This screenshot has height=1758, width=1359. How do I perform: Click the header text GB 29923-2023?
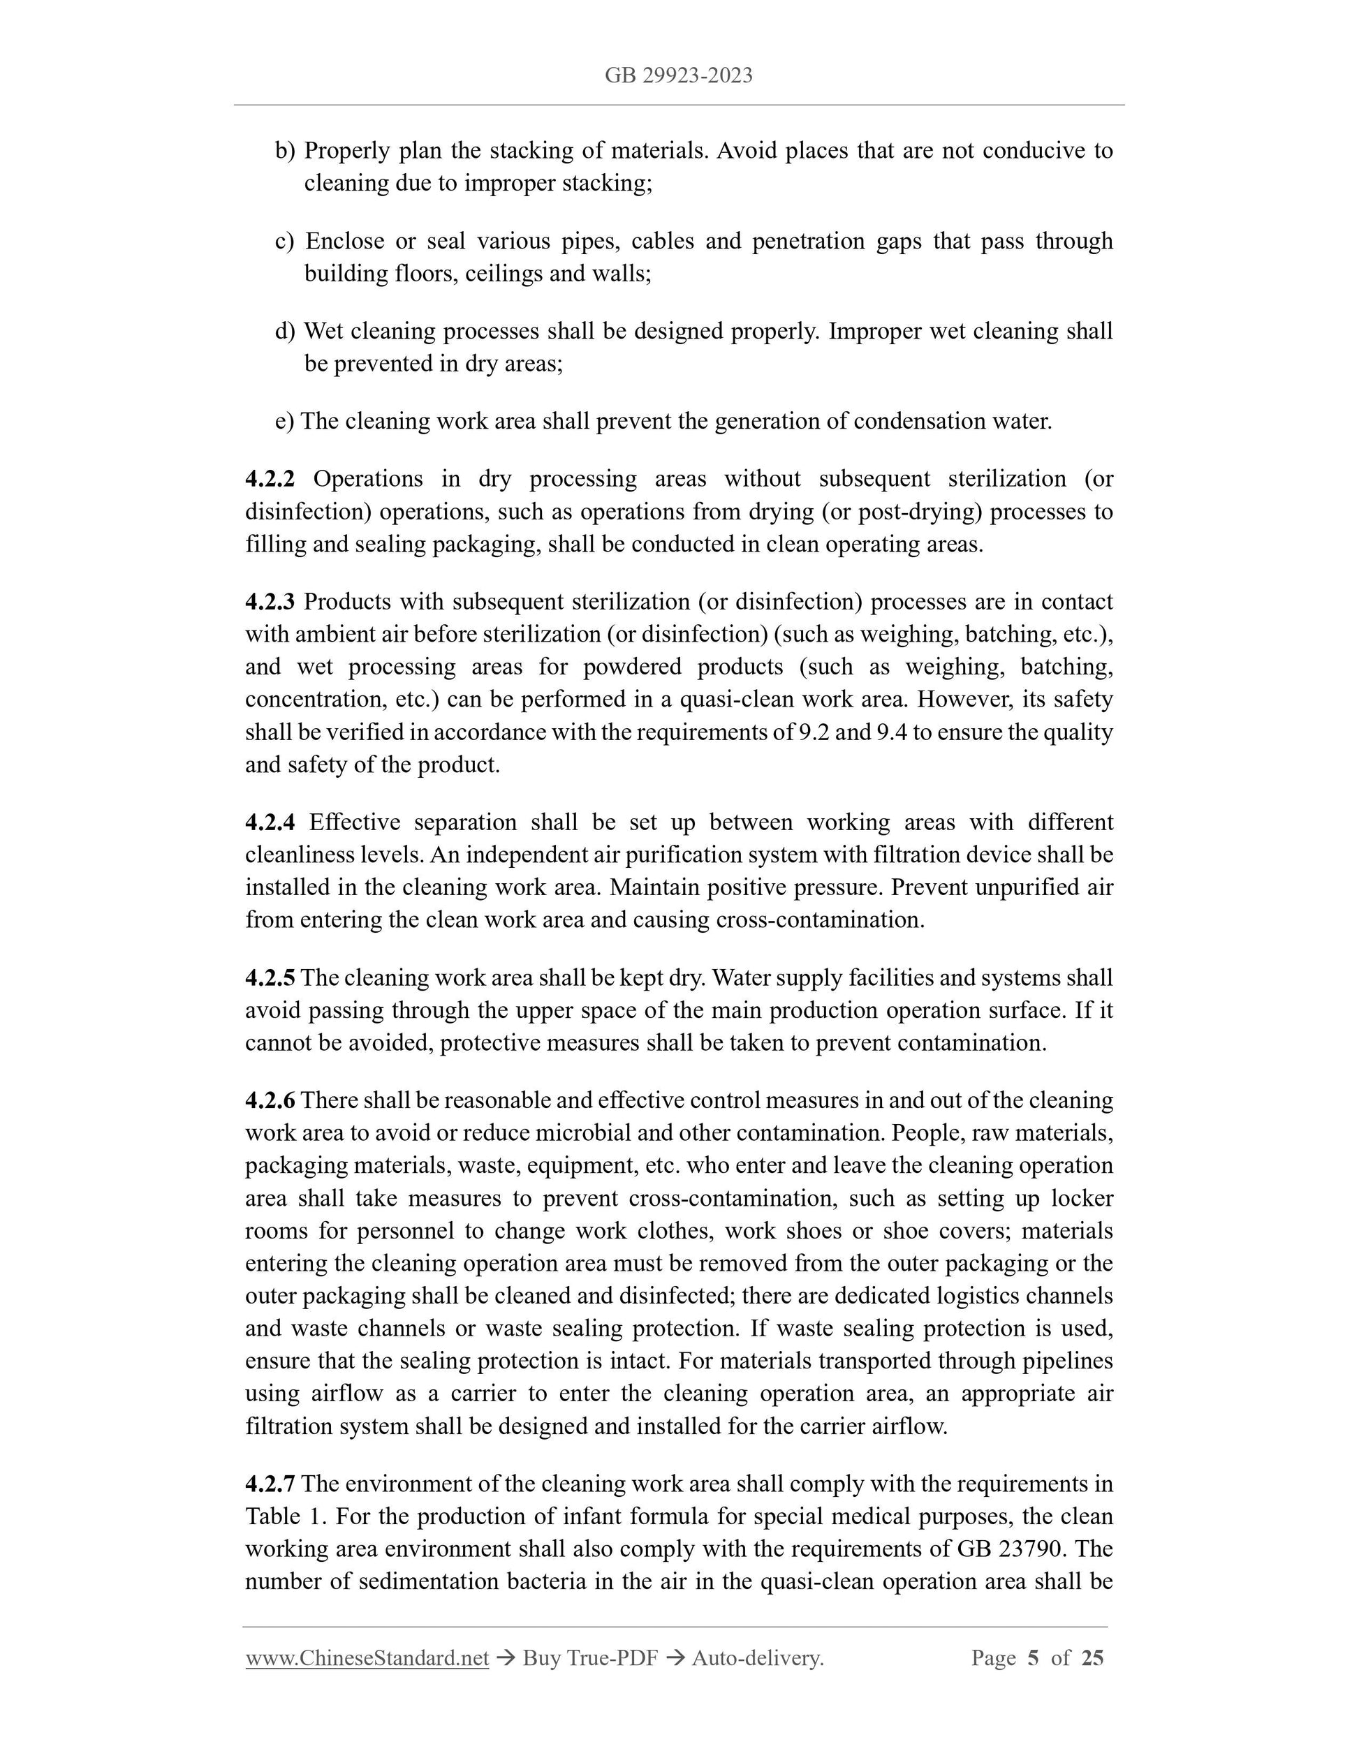coord(679,75)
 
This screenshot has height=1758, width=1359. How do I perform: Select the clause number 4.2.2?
coord(270,479)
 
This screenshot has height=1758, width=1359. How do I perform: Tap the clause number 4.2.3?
coord(270,601)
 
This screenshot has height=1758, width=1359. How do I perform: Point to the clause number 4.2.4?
coord(270,822)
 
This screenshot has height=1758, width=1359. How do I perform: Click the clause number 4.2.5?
coord(270,978)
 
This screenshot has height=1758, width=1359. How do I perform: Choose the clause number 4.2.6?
coord(270,1100)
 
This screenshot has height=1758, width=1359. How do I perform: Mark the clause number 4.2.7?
coord(270,1484)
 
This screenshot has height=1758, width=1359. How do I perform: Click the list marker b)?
coord(285,151)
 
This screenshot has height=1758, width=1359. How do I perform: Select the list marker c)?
coord(285,241)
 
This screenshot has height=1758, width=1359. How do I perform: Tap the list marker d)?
coord(285,331)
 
